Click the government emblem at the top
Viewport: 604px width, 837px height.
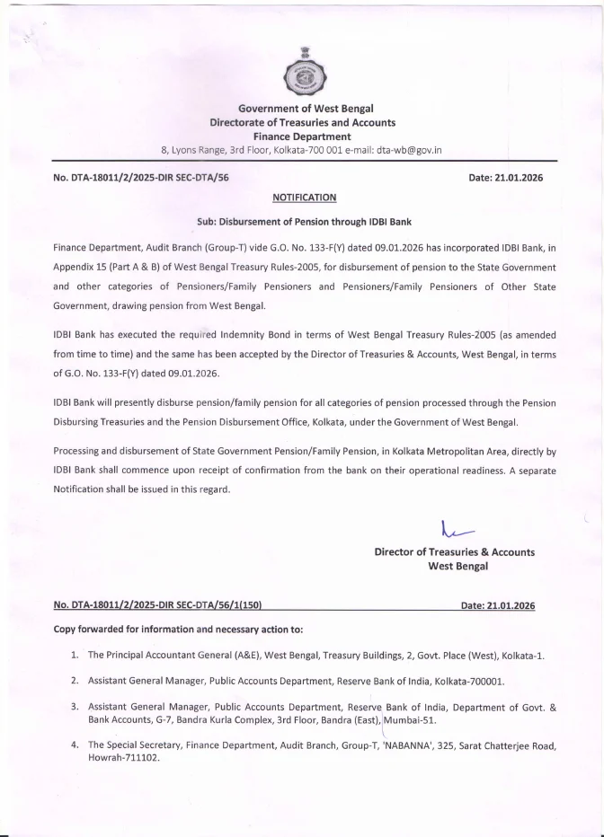tap(302, 71)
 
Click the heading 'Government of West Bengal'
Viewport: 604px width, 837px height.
tap(302, 109)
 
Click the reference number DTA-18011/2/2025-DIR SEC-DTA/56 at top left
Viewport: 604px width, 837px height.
tap(141, 178)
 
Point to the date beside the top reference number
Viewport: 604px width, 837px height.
tap(505, 178)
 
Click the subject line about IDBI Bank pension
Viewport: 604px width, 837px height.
tap(303, 221)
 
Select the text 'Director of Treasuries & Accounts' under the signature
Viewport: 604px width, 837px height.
tap(454, 552)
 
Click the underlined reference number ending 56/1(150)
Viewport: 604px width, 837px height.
tap(157, 606)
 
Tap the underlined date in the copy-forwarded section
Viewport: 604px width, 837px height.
tap(497, 606)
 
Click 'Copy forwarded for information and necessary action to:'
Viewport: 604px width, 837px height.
tap(178, 630)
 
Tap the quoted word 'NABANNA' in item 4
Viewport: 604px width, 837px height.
tap(413, 745)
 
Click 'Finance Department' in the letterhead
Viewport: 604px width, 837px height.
tap(302, 136)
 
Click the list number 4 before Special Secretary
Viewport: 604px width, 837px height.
tap(75, 745)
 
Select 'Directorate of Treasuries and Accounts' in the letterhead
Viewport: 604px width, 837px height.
tap(302, 122)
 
